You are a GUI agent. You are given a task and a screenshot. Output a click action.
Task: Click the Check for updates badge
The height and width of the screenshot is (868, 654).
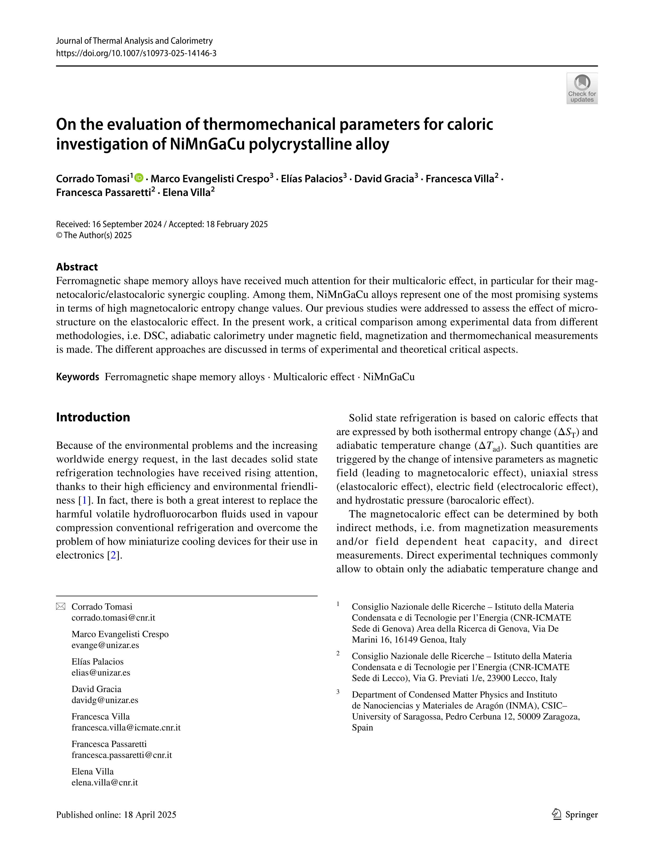pyautogui.click(x=582, y=88)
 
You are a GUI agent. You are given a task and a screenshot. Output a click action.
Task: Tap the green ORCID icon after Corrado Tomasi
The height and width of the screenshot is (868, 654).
pyautogui.click(x=139, y=178)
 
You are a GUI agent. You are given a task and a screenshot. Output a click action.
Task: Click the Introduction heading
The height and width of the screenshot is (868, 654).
pyautogui.click(x=93, y=417)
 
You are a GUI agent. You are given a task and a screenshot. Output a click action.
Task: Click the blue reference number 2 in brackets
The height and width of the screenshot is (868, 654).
pyautogui.click(x=113, y=555)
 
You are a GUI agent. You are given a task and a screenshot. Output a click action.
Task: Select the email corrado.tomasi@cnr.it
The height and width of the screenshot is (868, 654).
pyautogui.click(x=113, y=618)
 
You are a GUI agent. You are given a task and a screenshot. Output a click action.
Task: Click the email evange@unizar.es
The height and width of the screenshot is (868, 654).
pyautogui.click(x=105, y=645)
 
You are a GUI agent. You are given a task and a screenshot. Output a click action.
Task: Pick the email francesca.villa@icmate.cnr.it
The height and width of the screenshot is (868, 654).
pyautogui.click(x=126, y=728)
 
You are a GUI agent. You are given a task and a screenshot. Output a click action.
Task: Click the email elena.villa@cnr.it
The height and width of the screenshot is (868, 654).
pyautogui.click(x=104, y=782)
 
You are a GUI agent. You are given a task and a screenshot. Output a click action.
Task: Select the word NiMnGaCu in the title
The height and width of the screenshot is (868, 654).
pyautogui.click(x=207, y=144)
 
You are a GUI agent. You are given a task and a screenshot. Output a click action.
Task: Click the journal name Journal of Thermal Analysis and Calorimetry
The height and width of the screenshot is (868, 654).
pyautogui.click(x=134, y=41)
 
